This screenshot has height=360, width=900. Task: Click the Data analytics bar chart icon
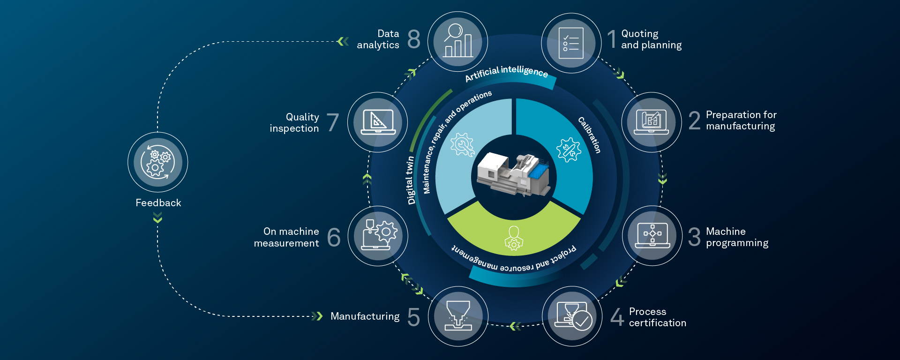coord(458,41)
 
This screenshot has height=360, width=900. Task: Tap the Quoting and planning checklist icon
coord(571,43)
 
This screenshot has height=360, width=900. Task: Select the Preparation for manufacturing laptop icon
coord(651,122)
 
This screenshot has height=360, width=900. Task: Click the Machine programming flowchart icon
coord(652,235)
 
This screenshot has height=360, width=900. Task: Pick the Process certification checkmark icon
coord(572,316)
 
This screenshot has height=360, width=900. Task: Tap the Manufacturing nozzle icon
coord(458,316)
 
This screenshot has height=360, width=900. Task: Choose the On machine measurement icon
coord(378,236)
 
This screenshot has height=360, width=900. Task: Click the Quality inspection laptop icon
coord(378,122)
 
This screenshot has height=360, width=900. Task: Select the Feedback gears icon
coord(158,162)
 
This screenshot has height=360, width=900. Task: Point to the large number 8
coord(414,39)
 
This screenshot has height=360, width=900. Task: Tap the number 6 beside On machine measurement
coord(334,237)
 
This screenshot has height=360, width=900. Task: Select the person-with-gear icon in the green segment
coord(514,239)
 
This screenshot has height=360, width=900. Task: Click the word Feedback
coord(158,203)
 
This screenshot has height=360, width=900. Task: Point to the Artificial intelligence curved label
coord(506,73)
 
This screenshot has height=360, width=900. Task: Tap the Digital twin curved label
coord(410,180)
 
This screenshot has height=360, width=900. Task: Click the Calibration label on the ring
coord(589,135)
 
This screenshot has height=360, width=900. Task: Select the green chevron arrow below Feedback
coord(157,217)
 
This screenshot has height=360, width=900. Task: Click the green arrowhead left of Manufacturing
coord(317,316)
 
